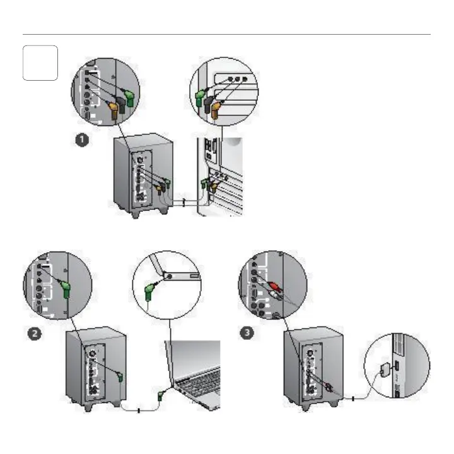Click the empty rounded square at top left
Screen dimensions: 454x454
(x=40, y=62)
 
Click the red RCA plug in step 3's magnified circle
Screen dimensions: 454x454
(x=273, y=289)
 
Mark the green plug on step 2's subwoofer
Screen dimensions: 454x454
(x=120, y=378)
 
